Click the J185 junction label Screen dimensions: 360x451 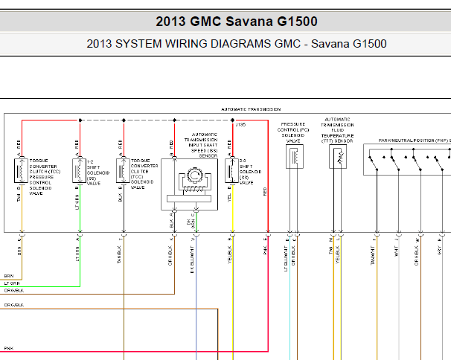coord(240,125)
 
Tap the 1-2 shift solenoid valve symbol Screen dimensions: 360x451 coord(78,170)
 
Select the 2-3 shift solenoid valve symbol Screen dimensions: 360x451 coord(230,170)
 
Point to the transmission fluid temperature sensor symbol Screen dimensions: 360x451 coord(338,157)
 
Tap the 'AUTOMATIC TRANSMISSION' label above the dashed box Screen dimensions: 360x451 coord(249,109)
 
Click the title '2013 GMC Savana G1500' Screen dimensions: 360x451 coord(226,22)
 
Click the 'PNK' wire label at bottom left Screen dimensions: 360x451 coord(8,348)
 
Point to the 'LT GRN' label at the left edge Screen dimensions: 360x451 coord(12,283)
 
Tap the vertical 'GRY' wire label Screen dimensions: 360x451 coord(440,253)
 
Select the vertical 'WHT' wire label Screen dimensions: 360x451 coord(397,253)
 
